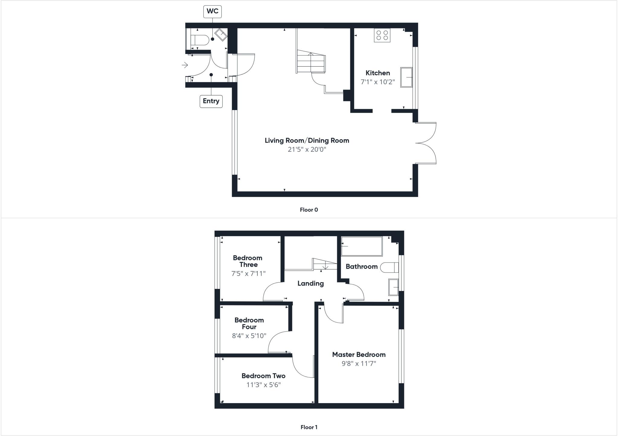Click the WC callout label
(x=212, y=11)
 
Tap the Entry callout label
(x=211, y=101)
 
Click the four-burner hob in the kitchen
(x=382, y=35)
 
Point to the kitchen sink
(x=406, y=77)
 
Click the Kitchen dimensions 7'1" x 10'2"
(x=377, y=82)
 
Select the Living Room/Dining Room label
(x=307, y=141)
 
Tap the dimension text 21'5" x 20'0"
(x=307, y=150)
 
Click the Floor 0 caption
(x=309, y=210)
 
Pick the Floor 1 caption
(x=309, y=427)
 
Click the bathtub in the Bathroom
(x=362, y=246)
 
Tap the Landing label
(x=311, y=283)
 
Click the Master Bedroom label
(x=359, y=355)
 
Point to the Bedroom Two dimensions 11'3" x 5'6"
(x=263, y=385)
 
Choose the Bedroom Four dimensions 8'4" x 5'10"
(x=249, y=336)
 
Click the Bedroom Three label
(x=248, y=261)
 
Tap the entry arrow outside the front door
(x=185, y=65)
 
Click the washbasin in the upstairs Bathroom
(x=393, y=287)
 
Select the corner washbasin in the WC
(x=221, y=35)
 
